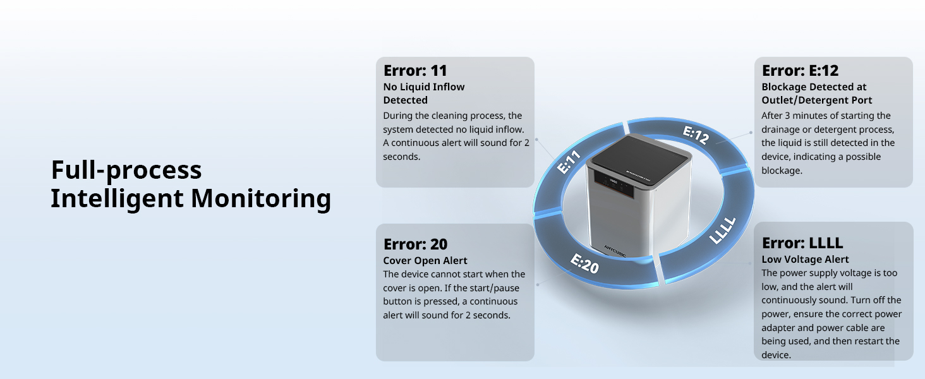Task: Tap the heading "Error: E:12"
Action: (x=800, y=70)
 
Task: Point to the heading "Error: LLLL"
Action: (x=802, y=243)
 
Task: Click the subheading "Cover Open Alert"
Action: (x=425, y=260)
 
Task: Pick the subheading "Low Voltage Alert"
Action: (x=805, y=259)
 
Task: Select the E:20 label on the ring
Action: (x=584, y=263)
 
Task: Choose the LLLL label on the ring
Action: (x=723, y=230)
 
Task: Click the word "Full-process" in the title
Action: (x=126, y=171)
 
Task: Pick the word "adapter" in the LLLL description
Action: (x=780, y=328)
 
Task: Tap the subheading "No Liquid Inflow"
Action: (x=424, y=87)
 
